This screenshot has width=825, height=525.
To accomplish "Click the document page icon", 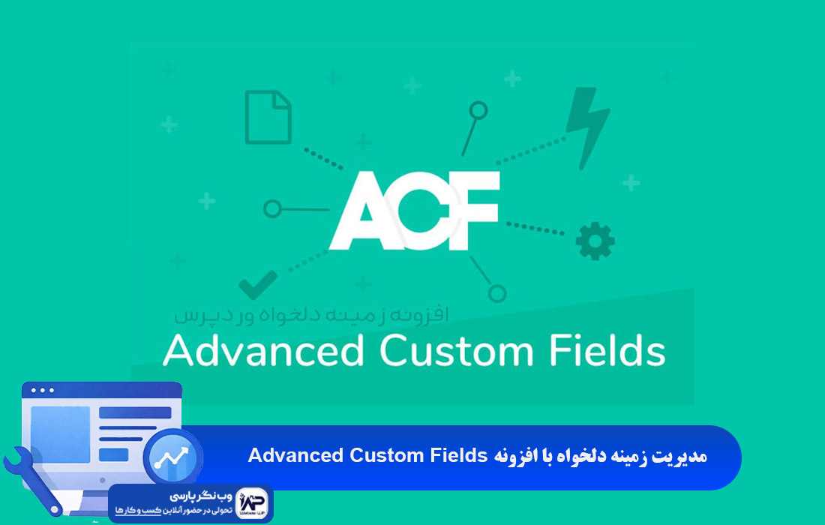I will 268,117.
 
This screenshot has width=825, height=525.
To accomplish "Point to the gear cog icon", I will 595,241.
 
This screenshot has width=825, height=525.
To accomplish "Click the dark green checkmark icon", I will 257,285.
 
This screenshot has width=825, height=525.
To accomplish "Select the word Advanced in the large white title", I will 263,351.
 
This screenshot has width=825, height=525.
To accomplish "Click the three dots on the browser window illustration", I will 42,390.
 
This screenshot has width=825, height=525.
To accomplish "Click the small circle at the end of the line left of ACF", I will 273,208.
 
